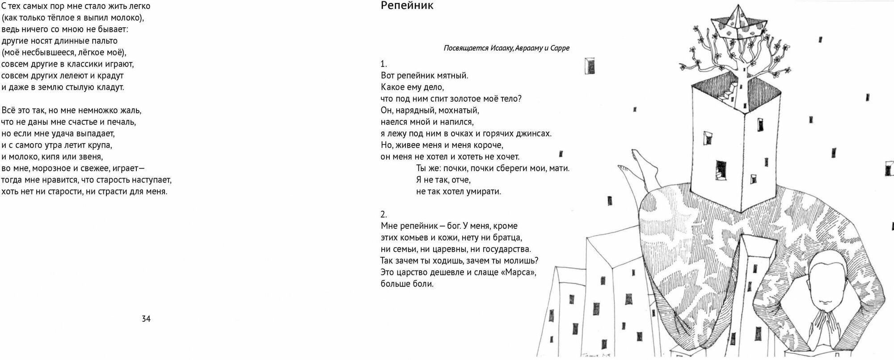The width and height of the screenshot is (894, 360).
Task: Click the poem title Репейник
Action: click(407, 6)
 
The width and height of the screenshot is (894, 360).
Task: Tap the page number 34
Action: click(146, 319)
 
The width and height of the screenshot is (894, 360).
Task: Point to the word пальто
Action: click(104, 41)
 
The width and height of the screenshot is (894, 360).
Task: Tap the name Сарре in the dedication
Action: click(560, 48)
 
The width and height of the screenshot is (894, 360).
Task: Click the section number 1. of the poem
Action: click(384, 64)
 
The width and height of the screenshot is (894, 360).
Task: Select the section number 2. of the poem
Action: click(384, 215)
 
